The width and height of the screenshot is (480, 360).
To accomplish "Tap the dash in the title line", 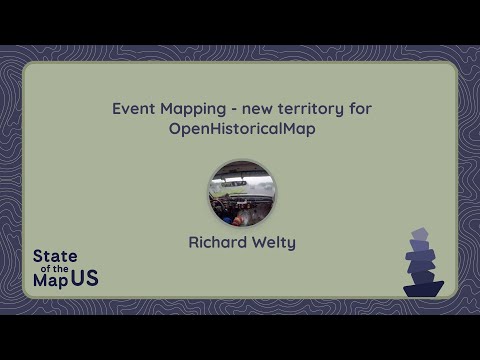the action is pos(234,110).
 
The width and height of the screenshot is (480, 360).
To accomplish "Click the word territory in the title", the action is pos(311,109).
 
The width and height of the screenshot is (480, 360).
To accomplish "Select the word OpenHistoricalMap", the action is pos(242,129).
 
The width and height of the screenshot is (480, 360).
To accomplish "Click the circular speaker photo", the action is pos(242,193).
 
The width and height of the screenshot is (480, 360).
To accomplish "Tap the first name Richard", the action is pos(217,242).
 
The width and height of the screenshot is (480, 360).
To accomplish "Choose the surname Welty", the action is pos(274,243).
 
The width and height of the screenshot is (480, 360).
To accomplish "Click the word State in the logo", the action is pos(55,256).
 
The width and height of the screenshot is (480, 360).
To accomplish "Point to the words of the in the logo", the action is pos(55,269).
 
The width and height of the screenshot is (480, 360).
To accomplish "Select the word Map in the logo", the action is pos(50,281).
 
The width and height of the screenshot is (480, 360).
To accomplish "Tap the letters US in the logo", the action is pos(85,278).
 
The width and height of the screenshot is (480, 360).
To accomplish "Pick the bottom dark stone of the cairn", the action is pos(423,289).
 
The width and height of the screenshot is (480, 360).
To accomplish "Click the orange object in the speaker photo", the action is pos(237,221).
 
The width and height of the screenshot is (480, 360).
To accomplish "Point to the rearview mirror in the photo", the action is pos(234,183).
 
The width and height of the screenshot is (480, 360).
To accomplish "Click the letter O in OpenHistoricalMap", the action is pos(175,129).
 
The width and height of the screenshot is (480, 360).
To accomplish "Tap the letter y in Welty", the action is pos(291,245).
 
